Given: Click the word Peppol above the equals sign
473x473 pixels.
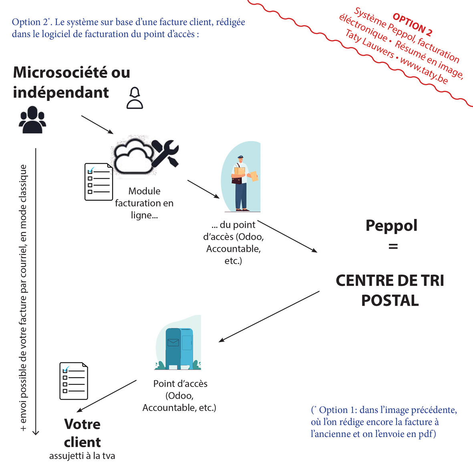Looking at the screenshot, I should pyautogui.click(x=391, y=225).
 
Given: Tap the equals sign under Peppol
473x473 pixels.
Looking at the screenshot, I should pyautogui.click(x=393, y=247).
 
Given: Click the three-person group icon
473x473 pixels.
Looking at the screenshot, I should pyautogui.click(x=32, y=120).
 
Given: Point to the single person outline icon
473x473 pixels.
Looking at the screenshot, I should pyautogui.click(x=135, y=99).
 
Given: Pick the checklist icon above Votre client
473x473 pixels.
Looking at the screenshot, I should pyautogui.click(x=74, y=381).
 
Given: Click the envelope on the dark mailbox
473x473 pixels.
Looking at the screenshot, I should pyautogui.click(x=173, y=342).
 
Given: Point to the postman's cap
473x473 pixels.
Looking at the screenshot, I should pyautogui.click(x=240, y=157).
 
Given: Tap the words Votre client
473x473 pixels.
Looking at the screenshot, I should pyautogui.click(x=83, y=433).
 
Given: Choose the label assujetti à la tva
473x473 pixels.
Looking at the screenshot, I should pyautogui.click(x=82, y=456).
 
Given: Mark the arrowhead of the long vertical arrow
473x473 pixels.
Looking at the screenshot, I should pyautogui.click(x=36, y=432).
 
